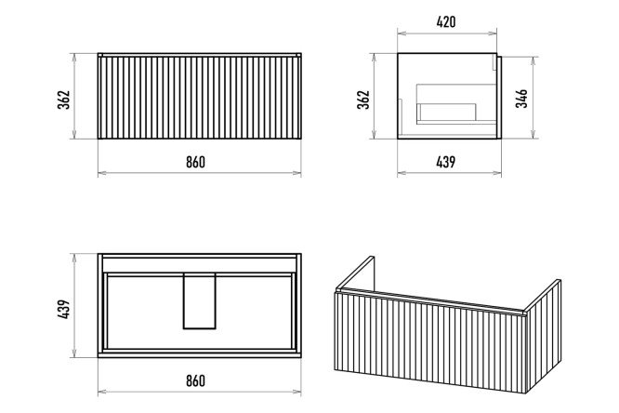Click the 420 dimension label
click(x=446, y=21)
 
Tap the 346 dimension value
click(x=521, y=99)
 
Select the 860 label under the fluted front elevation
click(x=196, y=162)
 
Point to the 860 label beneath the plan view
click(x=196, y=380)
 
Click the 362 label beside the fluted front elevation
click(x=63, y=100)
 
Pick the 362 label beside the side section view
click(x=363, y=100)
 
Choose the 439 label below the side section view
click(x=446, y=162)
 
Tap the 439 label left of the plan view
click(x=63, y=309)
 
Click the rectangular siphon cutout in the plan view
click(x=199, y=300)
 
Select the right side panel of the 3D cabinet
click(x=544, y=336)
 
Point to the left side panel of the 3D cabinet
click(x=355, y=273)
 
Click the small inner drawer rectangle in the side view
click(x=447, y=113)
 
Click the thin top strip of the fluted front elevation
click(x=199, y=55)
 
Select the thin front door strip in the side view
click(x=499, y=98)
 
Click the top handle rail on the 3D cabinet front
click(x=430, y=302)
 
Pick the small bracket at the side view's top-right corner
click(x=494, y=61)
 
